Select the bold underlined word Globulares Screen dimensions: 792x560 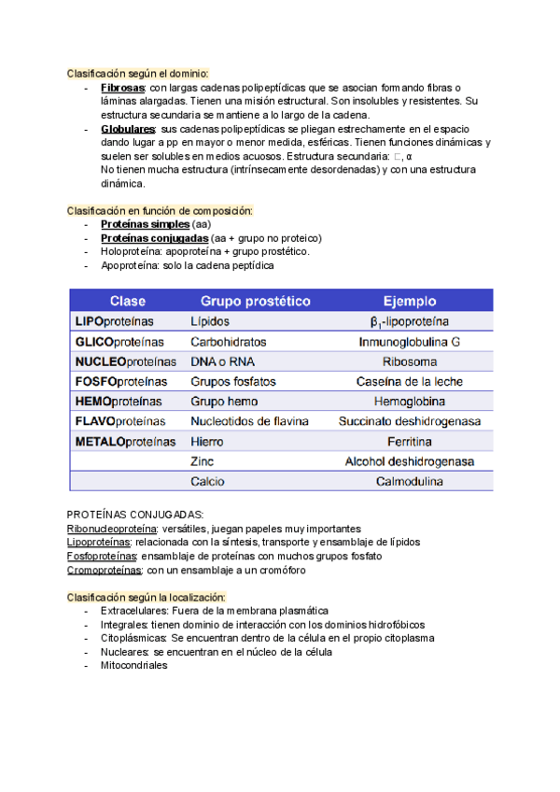(128, 128)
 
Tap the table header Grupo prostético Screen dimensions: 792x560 (256, 301)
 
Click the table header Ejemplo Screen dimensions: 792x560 (409, 301)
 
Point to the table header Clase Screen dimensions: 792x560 (128, 301)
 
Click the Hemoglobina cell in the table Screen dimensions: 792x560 (409, 402)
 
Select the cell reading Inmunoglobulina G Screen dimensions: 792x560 (409, 342)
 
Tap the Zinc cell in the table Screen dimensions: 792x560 (203, 462)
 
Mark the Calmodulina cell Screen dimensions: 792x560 (409, 483)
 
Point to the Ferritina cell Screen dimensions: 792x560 (409, 442)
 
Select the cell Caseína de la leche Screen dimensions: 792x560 (409, 382)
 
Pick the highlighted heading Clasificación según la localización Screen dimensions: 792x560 (147, 597)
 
